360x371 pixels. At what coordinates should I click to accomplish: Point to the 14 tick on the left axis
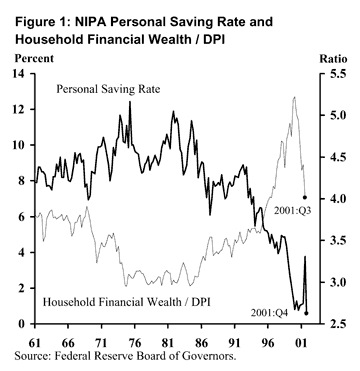18,74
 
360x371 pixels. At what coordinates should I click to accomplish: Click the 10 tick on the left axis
18,145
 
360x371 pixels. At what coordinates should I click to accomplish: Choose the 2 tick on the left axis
22,288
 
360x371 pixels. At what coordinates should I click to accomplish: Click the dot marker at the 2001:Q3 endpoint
304,199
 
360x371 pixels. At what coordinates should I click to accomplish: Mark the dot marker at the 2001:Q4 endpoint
306,313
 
